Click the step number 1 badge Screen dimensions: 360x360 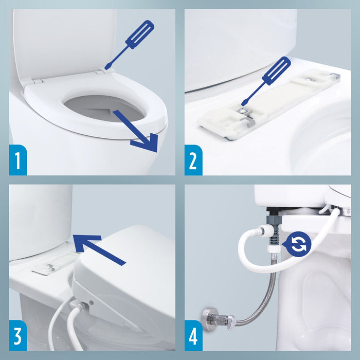tap(17, 160)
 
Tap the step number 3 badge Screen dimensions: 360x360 tap(17, 336)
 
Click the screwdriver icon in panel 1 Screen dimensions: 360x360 tap(131, 43)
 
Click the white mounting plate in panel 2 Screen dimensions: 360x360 tap(267, 103)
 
